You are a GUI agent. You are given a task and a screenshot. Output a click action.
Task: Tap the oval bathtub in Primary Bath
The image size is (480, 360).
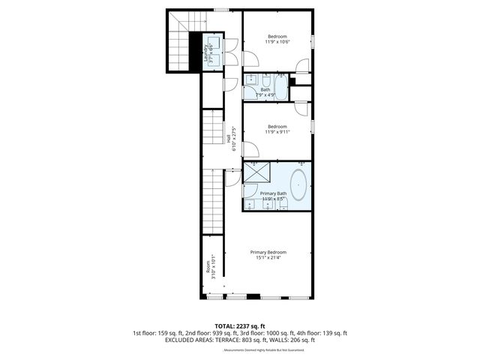point(298,184)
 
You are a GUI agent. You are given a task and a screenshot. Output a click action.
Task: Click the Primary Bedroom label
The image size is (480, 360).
point(268,252)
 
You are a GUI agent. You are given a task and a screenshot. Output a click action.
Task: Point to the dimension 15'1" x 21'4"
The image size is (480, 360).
point(268,259)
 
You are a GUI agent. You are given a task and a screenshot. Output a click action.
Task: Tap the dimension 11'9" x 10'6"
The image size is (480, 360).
point(277,43)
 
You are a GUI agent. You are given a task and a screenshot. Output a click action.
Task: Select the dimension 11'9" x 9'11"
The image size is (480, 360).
point(277,133)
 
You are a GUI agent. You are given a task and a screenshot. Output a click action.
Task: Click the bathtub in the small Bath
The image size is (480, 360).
point(280,88)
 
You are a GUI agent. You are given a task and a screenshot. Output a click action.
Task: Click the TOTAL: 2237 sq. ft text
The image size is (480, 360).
point(240,325)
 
